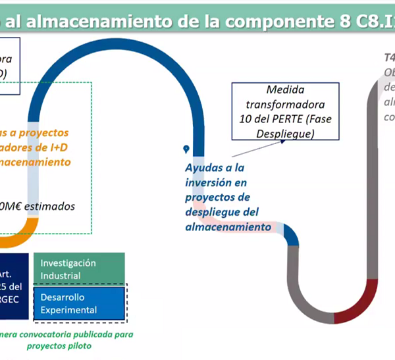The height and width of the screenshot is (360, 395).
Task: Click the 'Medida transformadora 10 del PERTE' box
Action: point(286,111)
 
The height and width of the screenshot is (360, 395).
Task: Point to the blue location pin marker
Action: point(187,149)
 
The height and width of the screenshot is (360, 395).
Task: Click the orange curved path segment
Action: point(24,230)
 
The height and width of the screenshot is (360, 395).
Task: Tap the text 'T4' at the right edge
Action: point(389,57)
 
